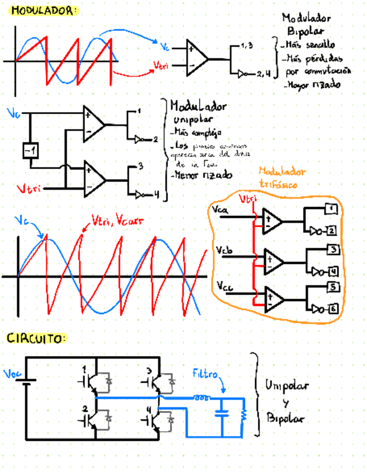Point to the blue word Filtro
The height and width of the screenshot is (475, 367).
(205, 373)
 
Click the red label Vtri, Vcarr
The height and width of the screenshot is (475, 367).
(116, 221)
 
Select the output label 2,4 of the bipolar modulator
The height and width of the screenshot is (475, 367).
(263, 73)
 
